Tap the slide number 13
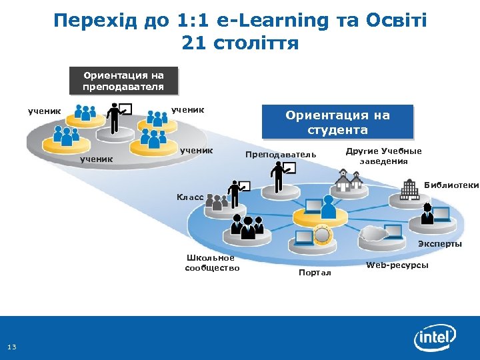[11, 346]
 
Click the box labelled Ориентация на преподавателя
[123, 81]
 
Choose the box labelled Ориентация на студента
[337, 122]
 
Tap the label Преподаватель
[281, 155]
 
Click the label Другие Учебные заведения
[383, 156]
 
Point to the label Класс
[190, 197]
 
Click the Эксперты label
[439, 243]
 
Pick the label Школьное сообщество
[211, 263]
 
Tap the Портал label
[315, 273]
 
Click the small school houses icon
[350, 179]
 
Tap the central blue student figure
[327, 208]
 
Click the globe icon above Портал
[322, 235]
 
